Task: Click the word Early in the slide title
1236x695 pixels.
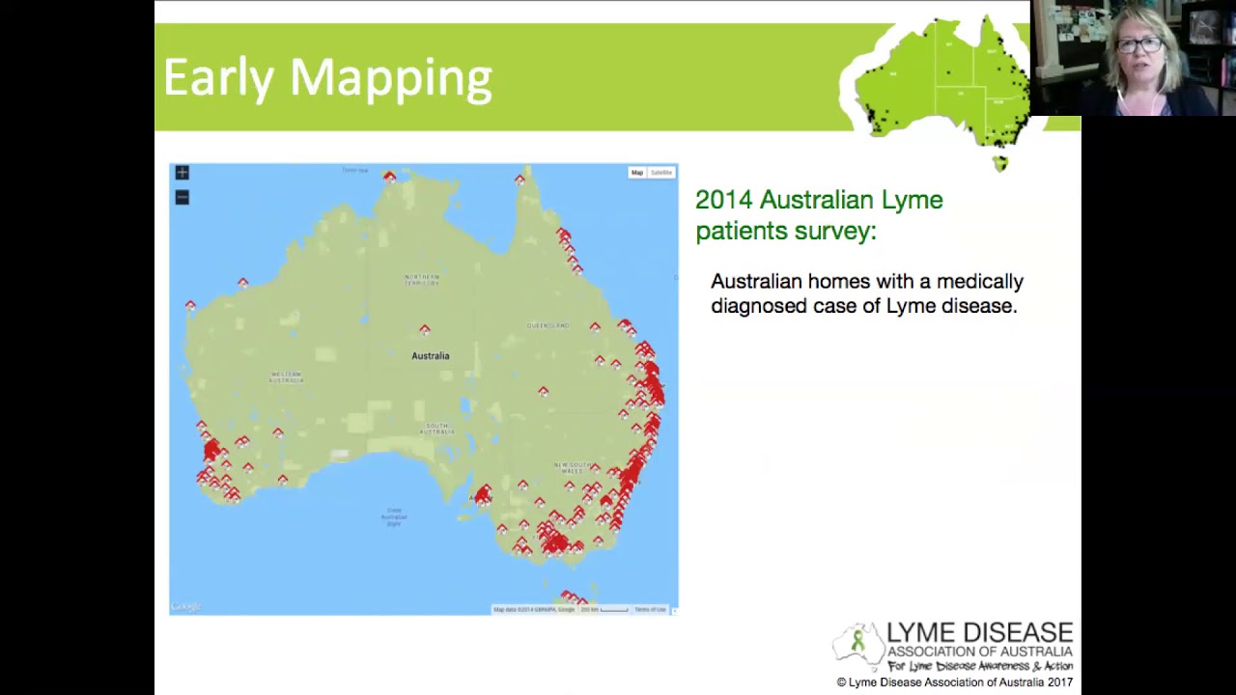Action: (218, 77)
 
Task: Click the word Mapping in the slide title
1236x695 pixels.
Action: (390, 79)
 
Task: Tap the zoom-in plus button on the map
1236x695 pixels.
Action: (182, 173)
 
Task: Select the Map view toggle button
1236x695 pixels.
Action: (636, 173)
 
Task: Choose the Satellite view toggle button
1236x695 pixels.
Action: (661, 173)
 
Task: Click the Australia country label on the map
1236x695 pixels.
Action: (431, 356)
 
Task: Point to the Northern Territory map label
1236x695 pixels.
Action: (421, 280)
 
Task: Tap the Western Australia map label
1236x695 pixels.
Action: (286, 376)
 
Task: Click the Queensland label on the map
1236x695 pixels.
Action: (548, 325)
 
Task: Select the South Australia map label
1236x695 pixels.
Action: (436, 428)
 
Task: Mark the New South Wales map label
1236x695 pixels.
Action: (572, 467)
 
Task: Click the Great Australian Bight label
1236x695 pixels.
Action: (394, 516)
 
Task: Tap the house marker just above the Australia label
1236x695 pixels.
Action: (425, 330)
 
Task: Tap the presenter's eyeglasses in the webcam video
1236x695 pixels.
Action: (1140, 45)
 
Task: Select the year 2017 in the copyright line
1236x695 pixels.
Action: (1059, 682)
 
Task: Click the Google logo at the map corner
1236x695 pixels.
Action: (185, 607)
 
